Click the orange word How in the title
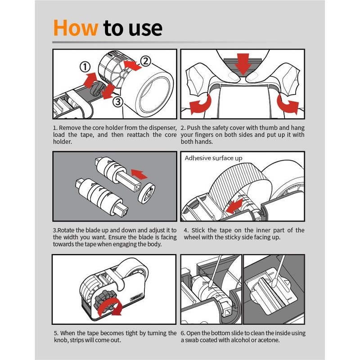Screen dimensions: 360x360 pyautogui.click(x=76, y=28)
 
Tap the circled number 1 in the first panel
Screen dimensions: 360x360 pyautogui.click(x=85, y=67)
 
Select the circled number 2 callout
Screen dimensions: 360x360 pyautogui.click(x=145, y=61)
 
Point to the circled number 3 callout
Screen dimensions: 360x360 pyautogui.click(x=118, y=102)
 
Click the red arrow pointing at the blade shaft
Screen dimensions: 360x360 pyautogui.click(x=139, y=174)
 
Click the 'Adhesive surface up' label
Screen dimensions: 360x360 pyautogui.click(x=213, y=158)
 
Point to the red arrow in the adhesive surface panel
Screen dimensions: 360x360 pyautogui.click(x=234, y=206)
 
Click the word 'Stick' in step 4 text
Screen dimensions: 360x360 pyautogui.click(x=198, y=230)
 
